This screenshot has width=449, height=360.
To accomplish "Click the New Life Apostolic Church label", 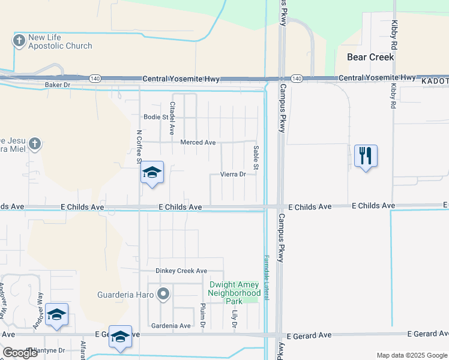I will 61,41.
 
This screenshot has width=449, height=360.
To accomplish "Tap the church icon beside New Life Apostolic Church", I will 19,41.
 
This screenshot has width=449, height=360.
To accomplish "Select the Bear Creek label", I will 370,57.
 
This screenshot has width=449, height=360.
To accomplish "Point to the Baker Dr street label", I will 58,85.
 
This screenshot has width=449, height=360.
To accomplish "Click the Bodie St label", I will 156,117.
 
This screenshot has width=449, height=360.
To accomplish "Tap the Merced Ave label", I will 197,142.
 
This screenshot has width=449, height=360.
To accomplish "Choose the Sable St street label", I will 256,158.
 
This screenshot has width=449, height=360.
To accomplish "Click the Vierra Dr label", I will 234,175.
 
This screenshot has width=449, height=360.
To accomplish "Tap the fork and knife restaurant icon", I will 366,157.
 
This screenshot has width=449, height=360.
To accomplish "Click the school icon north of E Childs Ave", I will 152,173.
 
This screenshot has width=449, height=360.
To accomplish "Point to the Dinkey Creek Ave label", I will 181,271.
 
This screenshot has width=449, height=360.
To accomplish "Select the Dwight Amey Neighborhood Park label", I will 234,292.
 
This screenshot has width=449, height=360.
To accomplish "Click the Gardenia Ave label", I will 172,326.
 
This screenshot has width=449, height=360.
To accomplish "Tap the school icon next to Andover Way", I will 56,314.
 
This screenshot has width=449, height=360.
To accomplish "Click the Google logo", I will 20,352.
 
